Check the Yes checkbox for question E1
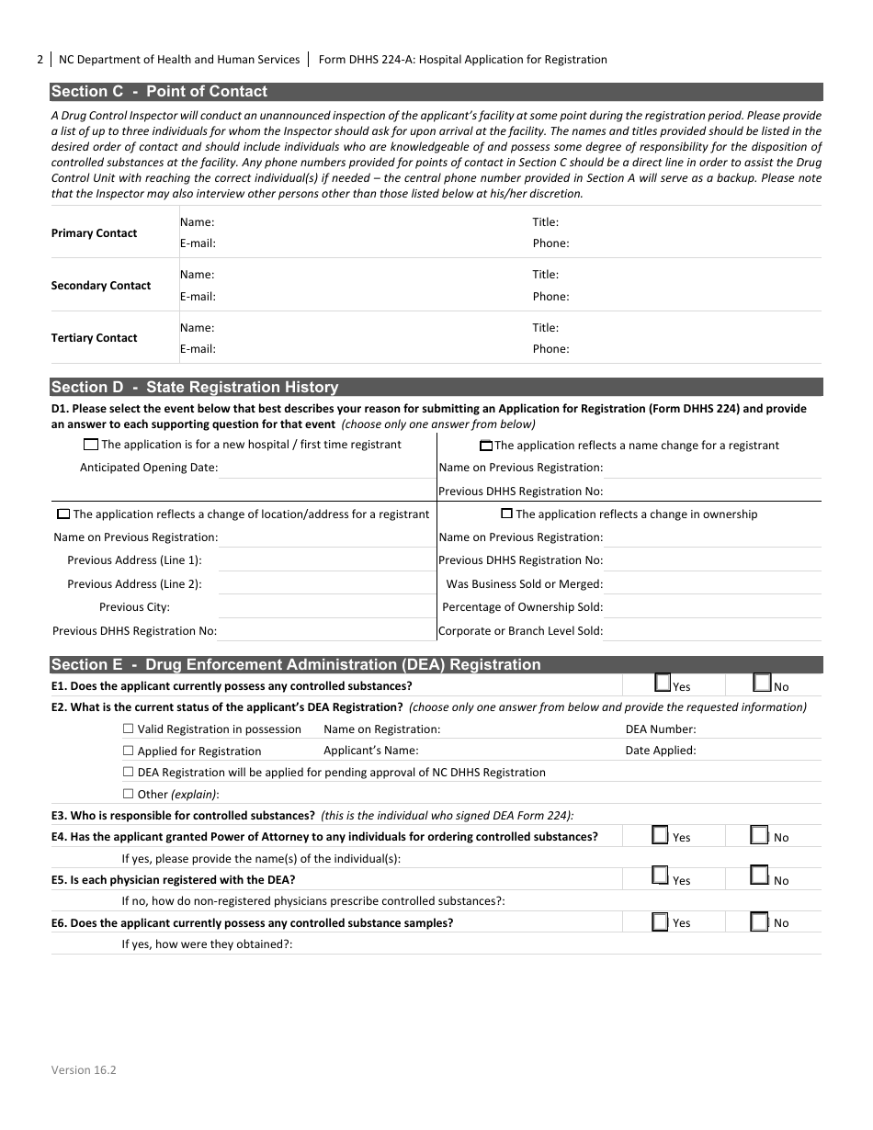click(663, 683)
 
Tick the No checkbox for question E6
click(759, 921)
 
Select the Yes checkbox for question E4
click(660, 835)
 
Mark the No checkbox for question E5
click(759, 876)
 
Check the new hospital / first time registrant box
click(90, 445)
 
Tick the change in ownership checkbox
click(506, 514)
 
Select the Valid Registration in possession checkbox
click(128, 729)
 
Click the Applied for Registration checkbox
click(128, 751)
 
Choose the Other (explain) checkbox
click(128, 794)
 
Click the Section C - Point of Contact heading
click(159, 92)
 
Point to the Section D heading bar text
click(194, 388)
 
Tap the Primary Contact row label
click(94, 233)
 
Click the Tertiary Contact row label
click(94, 338)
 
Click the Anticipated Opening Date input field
click(326, 468)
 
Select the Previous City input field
click(326, 607)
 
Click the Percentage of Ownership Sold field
click(712, 607)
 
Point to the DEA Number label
click(660, 729)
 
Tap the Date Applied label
click(660, 751)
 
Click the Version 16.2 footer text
click(84, 1069)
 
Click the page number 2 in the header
click(40, 60)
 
